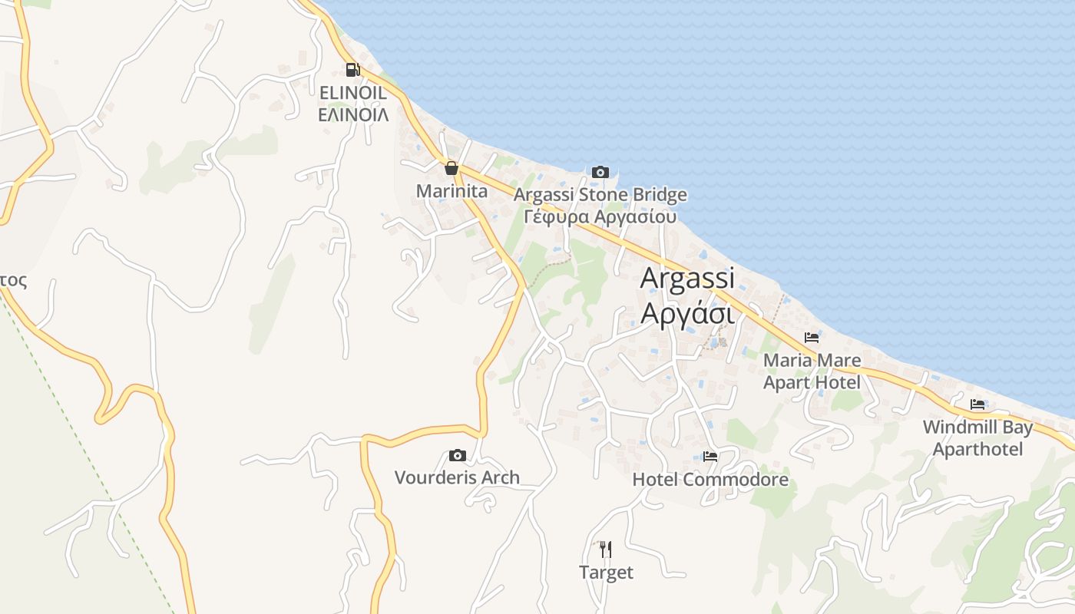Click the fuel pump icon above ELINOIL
click(x=352, y=70)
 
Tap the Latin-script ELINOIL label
click(x=352, y=92)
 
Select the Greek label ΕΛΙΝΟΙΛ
click(x=352, y=115)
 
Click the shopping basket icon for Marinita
click(x=451, y=168)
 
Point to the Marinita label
click(x=451, y=190)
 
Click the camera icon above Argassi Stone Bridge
click(x=600, y=172)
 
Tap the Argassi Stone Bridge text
click(x=600, y=195)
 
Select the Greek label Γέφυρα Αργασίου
click(x=600, y=216)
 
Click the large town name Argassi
click(x=687, y=278)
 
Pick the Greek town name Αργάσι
click(x=687, y=313)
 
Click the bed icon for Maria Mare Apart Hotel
click(x=812, y=338)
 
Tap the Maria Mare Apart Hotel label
click(x=812, y=371)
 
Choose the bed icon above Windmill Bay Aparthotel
click(x=977, y=404)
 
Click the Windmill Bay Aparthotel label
click(x=977, y=438)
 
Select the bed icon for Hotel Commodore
click(x=710, y=457)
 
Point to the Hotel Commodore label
click(x=710, y=480)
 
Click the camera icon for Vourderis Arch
click(x=458, y=456)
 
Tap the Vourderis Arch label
click(x=457, y=477)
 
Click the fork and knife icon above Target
click(x=606, y=550)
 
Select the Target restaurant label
click(x=606, y=573)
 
